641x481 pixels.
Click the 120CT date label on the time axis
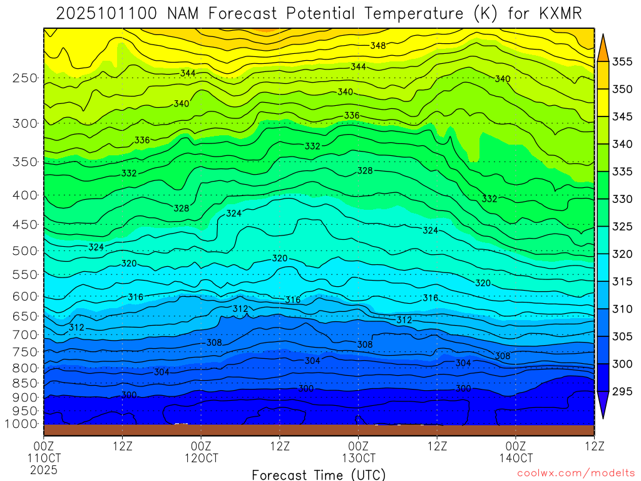pyautogui.click(x=201, y=458)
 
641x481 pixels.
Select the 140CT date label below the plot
pyautogui.click(x=515, y=458)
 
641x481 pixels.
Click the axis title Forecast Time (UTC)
pyautogui.click(x=319, y=475)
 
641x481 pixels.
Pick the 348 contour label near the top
pyautogui.click(x=377, y=46)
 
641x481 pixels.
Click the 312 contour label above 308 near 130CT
pyautogui.click(x=404, y=320)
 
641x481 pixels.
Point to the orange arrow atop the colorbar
pyautogui.click(x=603, y=48)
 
